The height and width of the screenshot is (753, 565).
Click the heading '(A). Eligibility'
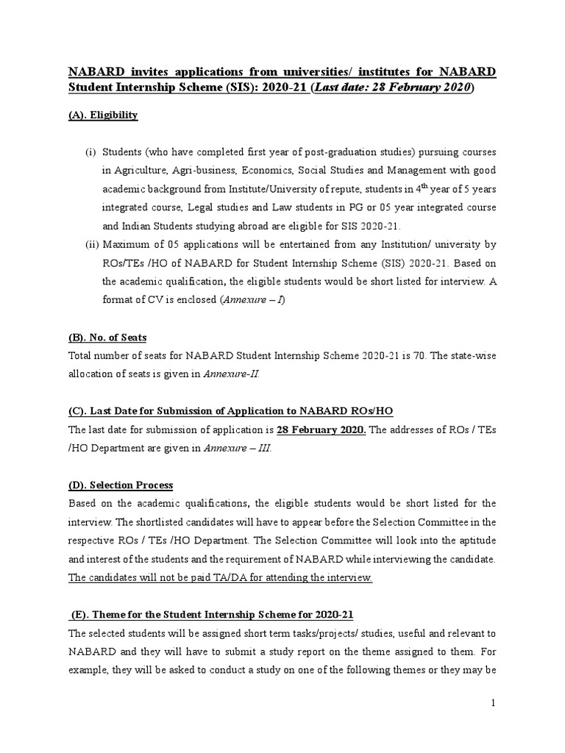pyautogui.click(x=103, y=116)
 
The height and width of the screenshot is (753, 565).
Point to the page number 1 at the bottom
pyautogui.click(x=494, y=704)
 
